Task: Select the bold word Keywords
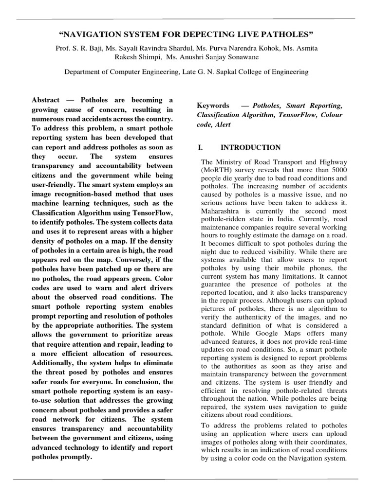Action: pos(213,105)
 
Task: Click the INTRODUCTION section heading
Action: pos(251,147)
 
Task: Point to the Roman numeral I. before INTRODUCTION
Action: pos(200,147)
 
